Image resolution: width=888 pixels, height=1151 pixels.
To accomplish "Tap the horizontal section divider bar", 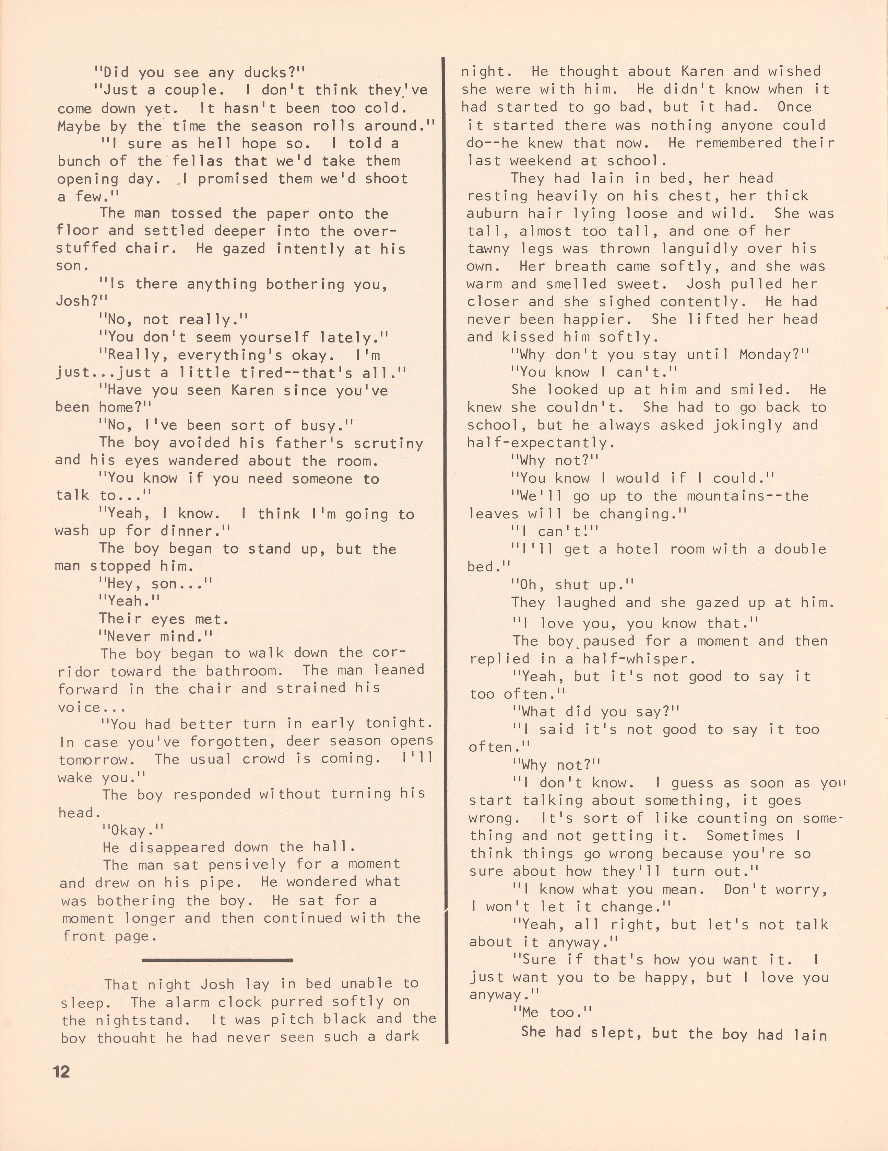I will pos(217,960).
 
